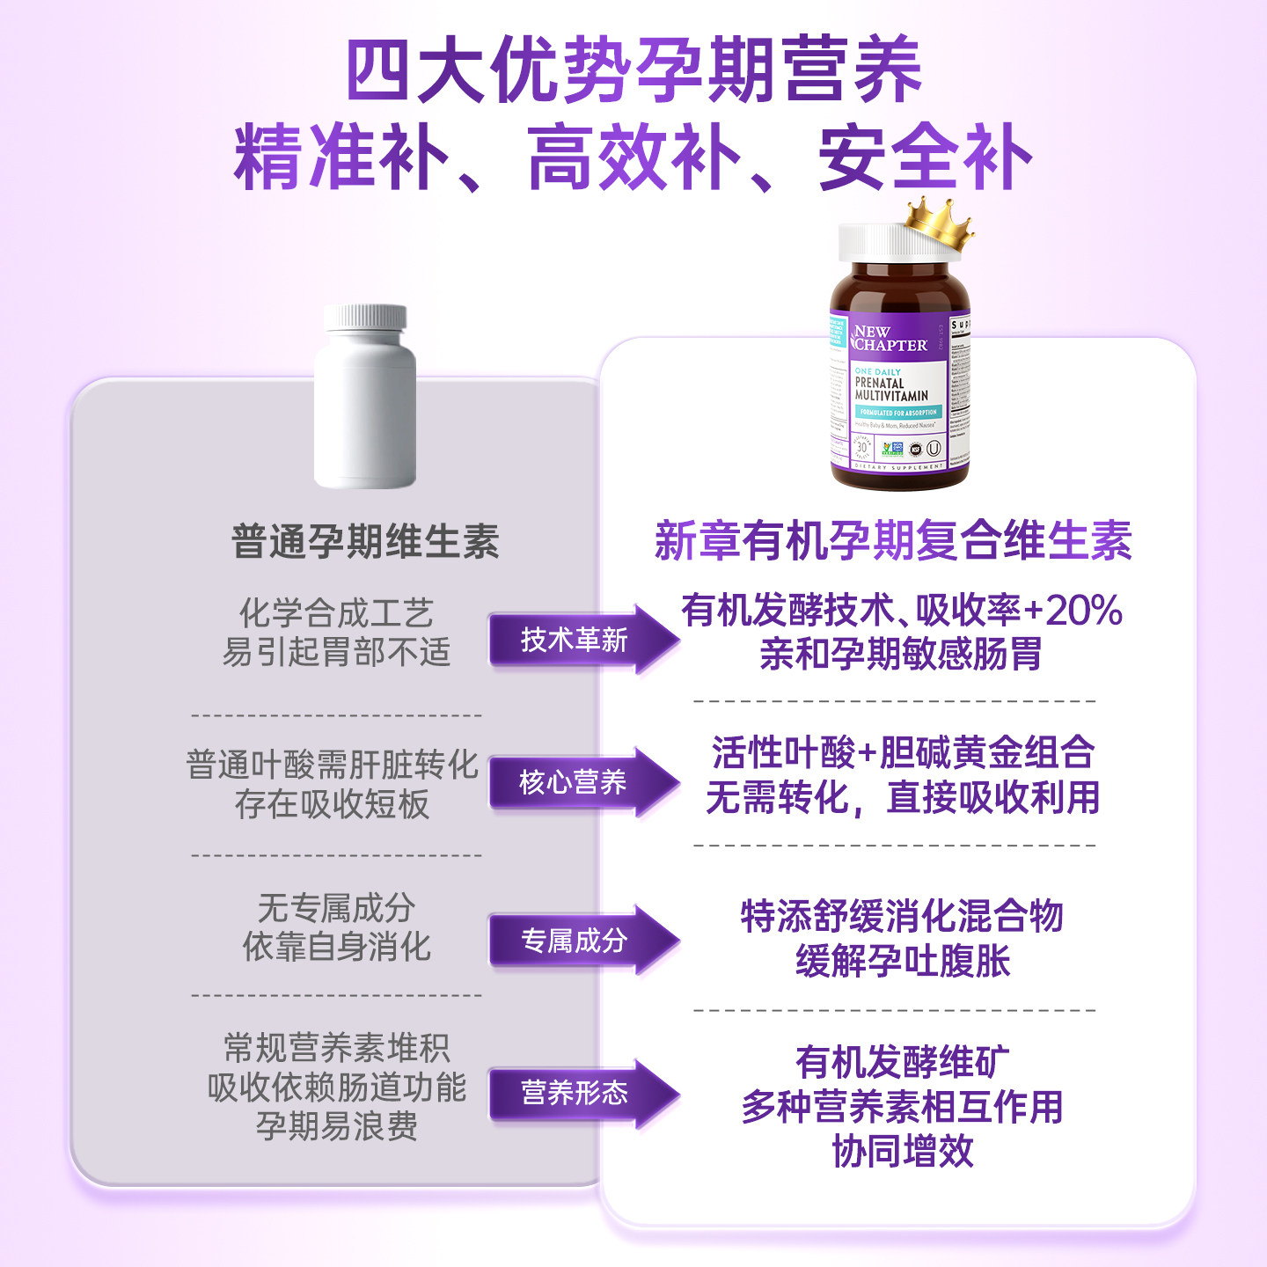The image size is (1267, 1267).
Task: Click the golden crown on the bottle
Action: click(940, 223)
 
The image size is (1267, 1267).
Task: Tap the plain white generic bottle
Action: click(365, 400)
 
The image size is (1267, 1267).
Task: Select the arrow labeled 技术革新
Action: click(581, 640)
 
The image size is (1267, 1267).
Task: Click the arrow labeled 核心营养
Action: click(581, 782)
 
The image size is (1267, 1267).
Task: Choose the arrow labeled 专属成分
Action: click(581, 941)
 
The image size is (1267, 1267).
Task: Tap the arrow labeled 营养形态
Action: click(581, 1093)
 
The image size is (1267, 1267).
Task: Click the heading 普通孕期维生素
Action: click(365, 541)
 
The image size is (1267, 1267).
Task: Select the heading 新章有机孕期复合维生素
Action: click(893, 540)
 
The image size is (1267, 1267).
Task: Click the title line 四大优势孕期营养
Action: click(633, 70)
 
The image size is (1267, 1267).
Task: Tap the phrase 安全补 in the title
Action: click(924, 158)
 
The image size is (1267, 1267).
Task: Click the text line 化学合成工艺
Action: click(336, 612)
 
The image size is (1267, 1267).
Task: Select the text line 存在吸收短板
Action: click(333, 804)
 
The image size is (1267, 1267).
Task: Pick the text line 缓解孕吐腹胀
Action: click(903, 961)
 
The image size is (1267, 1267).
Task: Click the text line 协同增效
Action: click(903, 1151)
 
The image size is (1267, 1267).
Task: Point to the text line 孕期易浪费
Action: click(336, 1126)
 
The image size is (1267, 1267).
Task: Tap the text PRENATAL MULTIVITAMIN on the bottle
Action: click(890, 390)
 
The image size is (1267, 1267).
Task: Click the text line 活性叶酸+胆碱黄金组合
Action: click(903, 753)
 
